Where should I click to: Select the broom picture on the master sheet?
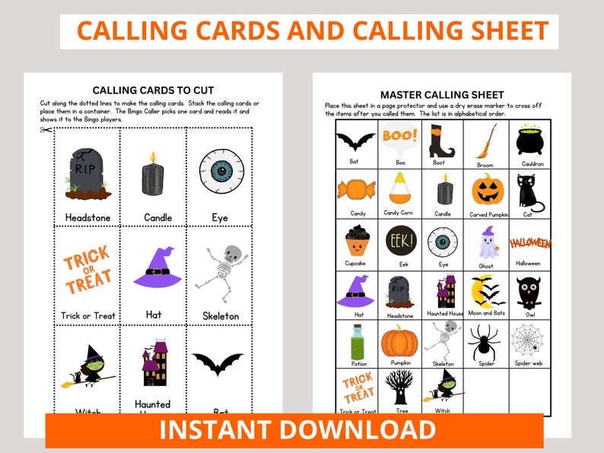485,141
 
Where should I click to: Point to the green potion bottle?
358,342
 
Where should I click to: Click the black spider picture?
485,343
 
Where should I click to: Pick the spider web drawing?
528,340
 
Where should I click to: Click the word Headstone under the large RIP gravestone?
87,217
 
